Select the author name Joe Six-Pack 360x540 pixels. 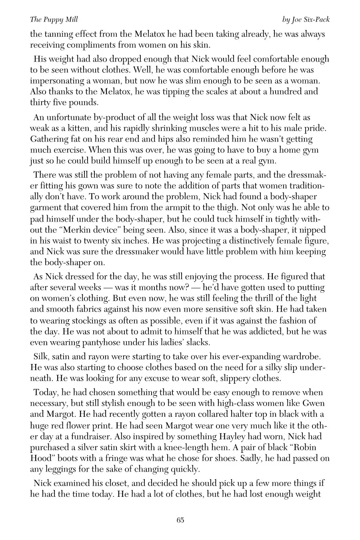[x=310, y=19]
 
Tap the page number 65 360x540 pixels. [x=180, y=520]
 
